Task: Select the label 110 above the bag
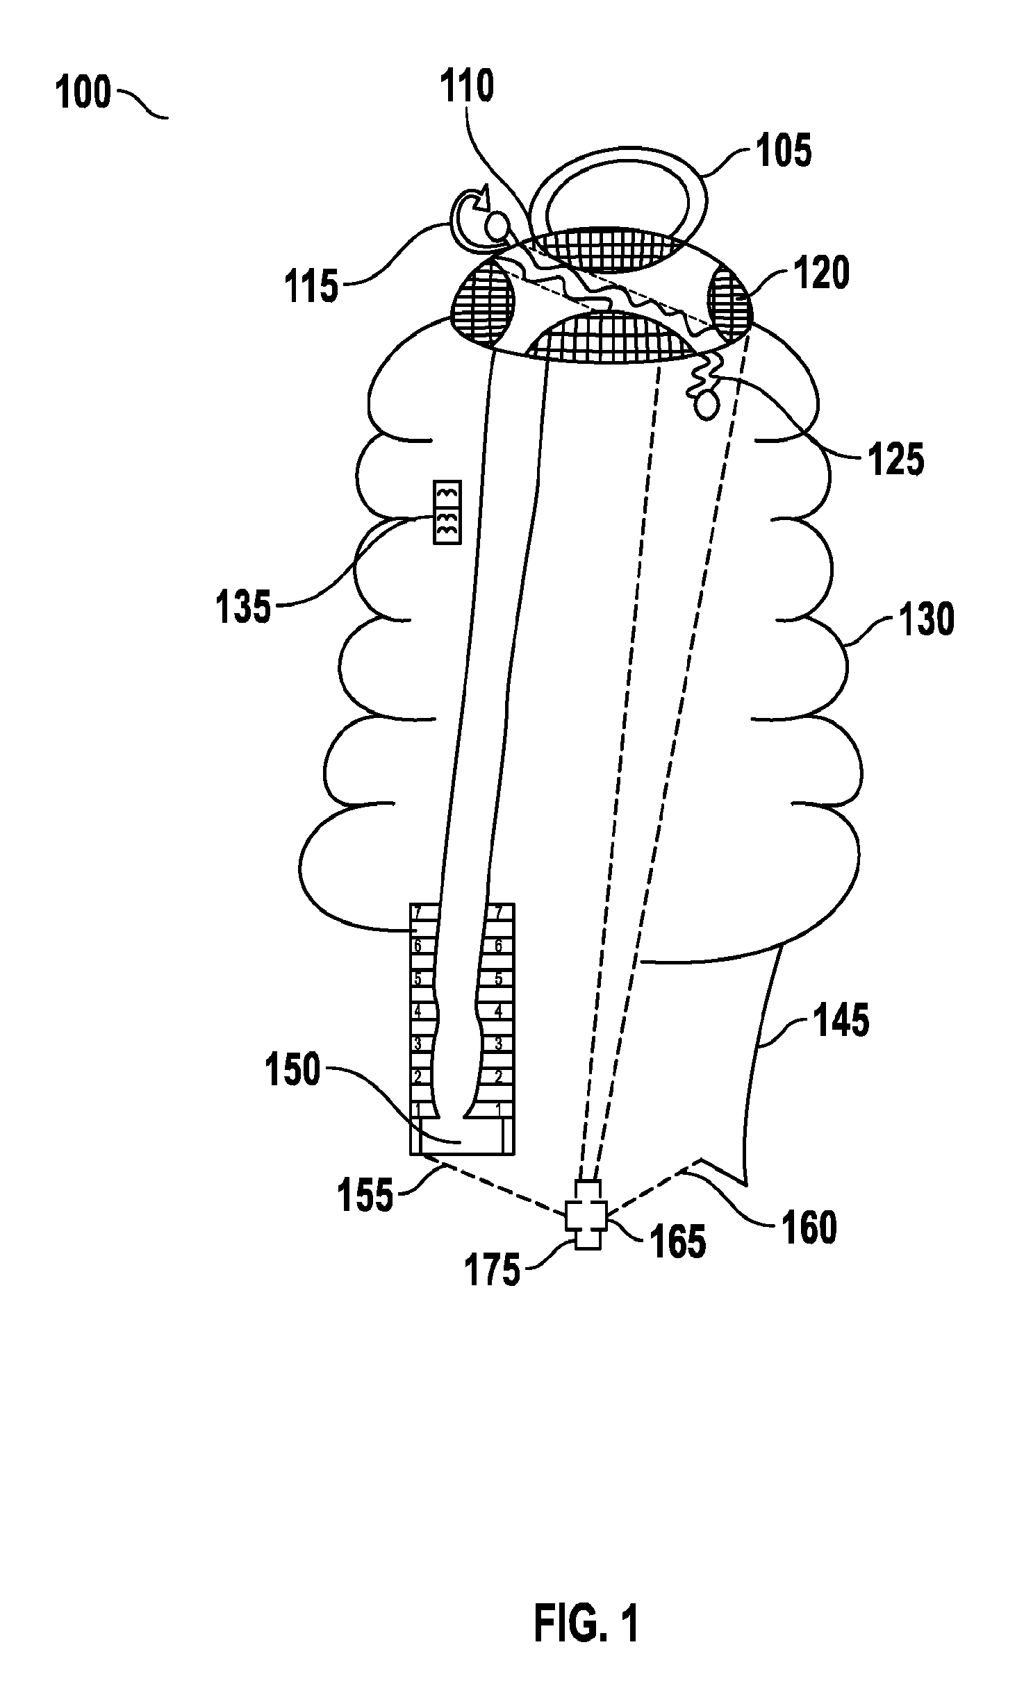point(467,87)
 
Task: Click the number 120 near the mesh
point(822,273)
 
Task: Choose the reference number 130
point(927,619)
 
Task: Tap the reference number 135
point(243,607)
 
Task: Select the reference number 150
point(292,1070)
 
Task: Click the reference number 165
point(678,1241)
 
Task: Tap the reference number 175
point(493,1270)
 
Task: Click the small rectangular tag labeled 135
point(447,512)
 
